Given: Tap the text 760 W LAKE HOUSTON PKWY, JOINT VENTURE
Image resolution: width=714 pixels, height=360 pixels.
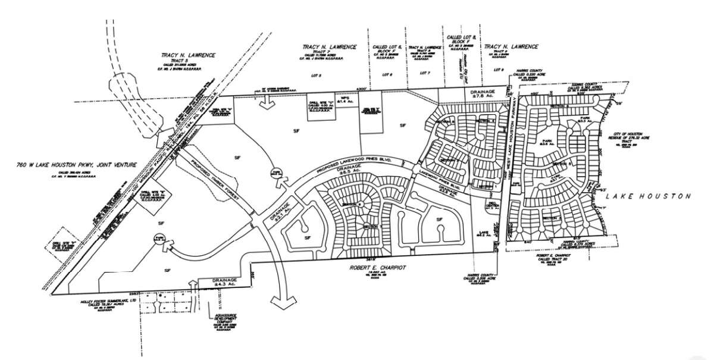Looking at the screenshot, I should tap(69, 164).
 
